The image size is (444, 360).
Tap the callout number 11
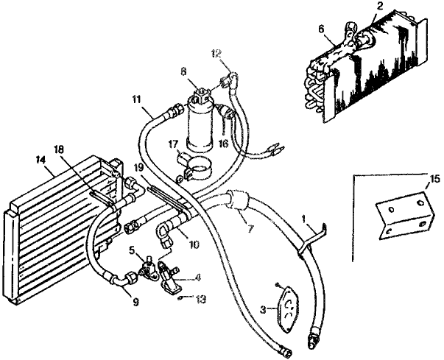tap(137, 98)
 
